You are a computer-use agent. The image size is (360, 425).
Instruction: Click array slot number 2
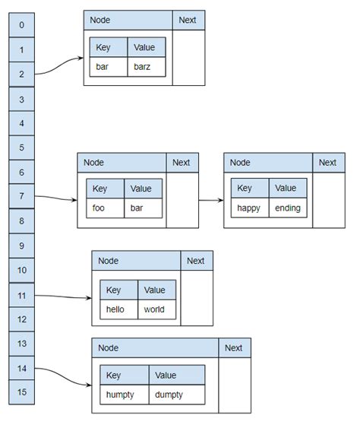tap(21, 75)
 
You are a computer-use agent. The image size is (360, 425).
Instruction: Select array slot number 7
tap(21, 197)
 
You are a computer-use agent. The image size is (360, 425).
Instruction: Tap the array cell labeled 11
tap(21, 295)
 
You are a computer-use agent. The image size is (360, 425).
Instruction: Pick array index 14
tap(21, 368)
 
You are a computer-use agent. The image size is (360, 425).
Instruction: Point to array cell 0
tap(21, 25)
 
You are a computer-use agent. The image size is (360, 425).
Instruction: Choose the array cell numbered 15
tap(21, 392)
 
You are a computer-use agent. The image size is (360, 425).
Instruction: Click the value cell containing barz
tap(144, 66)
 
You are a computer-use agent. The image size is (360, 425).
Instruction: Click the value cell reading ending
tap(288, 208)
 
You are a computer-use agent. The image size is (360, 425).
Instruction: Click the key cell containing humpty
tap(122, 395)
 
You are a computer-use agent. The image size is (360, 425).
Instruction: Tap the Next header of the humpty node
tap(234, 348)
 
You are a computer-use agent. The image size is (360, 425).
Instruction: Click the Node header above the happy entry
tap(267, 163)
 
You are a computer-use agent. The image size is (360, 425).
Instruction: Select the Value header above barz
tap(144, 47)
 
